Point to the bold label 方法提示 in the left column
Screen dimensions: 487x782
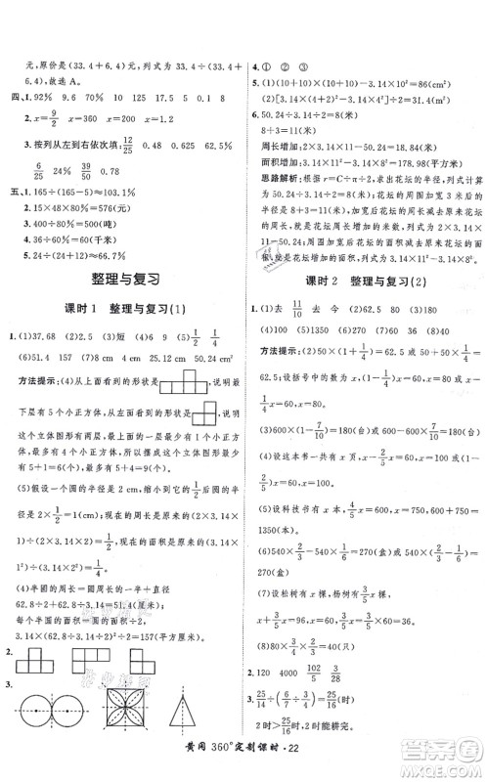pyautogui.click(x=38, y=457)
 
